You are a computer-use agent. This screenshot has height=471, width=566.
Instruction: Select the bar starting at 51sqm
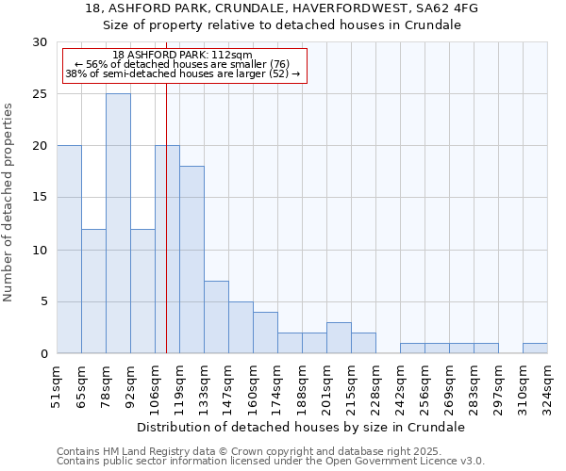69,250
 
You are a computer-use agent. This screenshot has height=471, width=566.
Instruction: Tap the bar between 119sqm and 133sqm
191,260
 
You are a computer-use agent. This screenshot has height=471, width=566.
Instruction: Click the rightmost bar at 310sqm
535,349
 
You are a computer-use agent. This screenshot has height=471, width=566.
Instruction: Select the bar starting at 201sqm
339,338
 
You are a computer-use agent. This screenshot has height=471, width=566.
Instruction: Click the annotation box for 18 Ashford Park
183,65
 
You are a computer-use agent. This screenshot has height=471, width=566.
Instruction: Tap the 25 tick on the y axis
40,94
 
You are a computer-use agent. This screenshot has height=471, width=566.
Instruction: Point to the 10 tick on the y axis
40,251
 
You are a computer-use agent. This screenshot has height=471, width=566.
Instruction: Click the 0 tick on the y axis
43,354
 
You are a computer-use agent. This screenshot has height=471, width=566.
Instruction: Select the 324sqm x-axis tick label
547,384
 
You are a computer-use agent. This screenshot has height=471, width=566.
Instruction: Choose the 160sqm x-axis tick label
253,384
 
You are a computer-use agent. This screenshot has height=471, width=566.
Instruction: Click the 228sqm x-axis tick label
375,384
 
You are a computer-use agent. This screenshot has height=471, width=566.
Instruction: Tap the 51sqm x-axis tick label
57,384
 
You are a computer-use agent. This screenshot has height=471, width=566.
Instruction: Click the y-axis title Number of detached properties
9,203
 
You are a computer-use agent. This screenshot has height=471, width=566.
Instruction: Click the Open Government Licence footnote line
270,462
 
